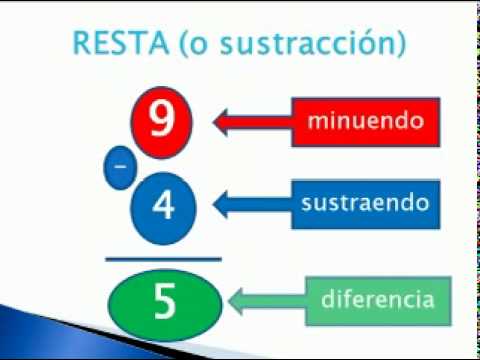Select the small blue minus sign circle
click(120, 169)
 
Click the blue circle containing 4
click(165, 205)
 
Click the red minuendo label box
click(362, 122)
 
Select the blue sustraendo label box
click(365, 203)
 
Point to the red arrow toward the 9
click(250, 122)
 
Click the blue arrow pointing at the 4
click(250, 204)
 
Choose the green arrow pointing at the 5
click(265, 298)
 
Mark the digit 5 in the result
click(165, 298)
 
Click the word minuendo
click(362, 122)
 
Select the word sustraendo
click(365, 203)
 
